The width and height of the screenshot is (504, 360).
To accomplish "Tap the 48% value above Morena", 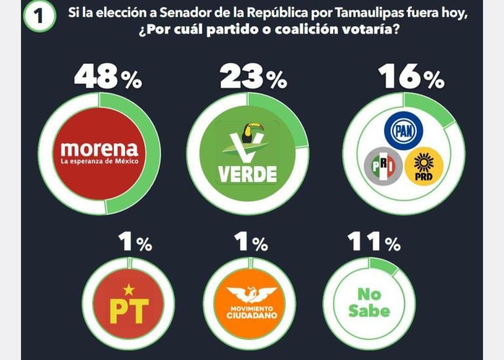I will point(107,78).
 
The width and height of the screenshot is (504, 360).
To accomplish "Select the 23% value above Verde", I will point(253,78).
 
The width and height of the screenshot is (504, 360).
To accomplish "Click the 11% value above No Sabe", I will point(374,243).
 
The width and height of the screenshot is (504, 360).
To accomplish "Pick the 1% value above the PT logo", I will point(135,243).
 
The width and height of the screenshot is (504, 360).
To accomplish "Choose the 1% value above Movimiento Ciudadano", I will point(251,243).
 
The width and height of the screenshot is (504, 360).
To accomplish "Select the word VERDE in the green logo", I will point(247,174).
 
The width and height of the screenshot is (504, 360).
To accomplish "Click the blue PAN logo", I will point(403,131).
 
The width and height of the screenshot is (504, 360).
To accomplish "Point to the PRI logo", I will point(382,166).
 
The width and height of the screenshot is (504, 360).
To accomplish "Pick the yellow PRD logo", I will point(423,166).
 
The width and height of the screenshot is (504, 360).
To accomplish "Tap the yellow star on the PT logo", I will point(129,288).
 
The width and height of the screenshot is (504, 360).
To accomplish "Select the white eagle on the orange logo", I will point(251,295).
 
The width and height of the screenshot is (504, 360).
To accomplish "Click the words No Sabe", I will point(369,303).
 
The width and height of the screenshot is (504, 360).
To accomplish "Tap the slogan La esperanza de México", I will point(99,161).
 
